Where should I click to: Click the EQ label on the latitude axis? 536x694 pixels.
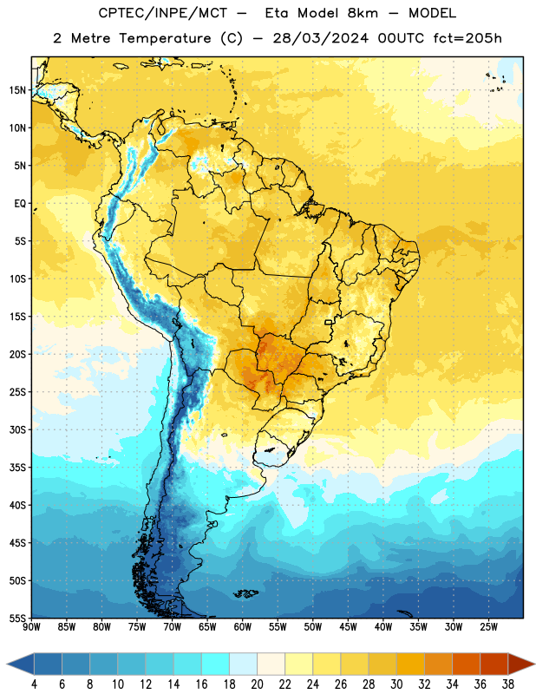[x=20, y=204]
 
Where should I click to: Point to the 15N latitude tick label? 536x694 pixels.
[x=17, y=90]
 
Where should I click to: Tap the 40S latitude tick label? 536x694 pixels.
[x=17, y=505]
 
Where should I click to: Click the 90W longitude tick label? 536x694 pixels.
[x=31, y=627]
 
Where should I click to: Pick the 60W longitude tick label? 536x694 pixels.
[x=243, y=627]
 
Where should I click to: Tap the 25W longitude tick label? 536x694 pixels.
[x=488, y=627]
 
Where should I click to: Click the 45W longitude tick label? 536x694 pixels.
[x=348, y=627]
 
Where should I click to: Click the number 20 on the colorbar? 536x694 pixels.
[x=257, y=684]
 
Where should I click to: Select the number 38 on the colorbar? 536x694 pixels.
[x=508, y=684]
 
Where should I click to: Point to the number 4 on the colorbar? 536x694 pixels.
[x=34, y=684]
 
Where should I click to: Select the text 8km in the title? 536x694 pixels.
[x=363, y=13]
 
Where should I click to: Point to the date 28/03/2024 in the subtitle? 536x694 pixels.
[x=320, y=38]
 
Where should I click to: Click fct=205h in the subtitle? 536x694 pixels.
[x=467, y=38]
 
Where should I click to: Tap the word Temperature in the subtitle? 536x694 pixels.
[x=165, y=39]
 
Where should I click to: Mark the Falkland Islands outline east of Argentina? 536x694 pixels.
[x=246, y=593]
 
